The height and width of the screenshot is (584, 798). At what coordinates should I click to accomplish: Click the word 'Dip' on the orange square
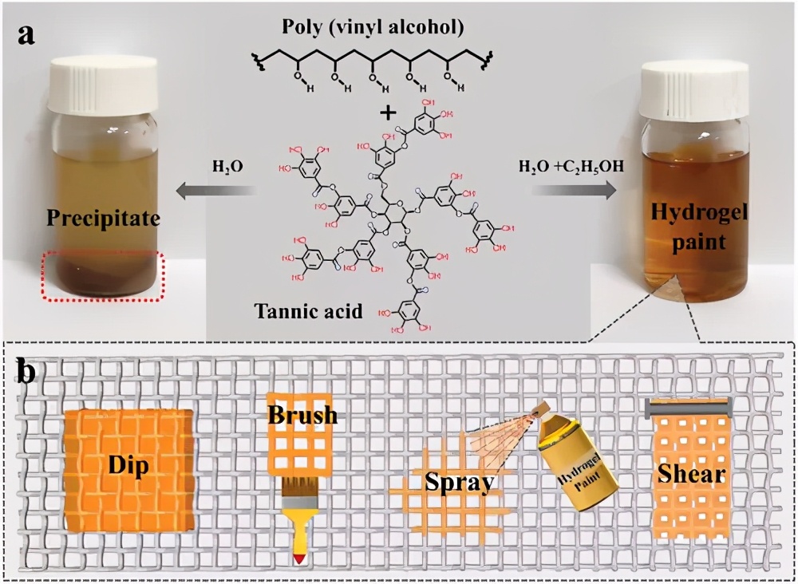click(x=128, y=466)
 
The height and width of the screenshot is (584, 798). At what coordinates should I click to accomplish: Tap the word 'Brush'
click(x=302, y=416)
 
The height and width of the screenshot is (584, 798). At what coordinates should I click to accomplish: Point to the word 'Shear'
click(x=691, y=475)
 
